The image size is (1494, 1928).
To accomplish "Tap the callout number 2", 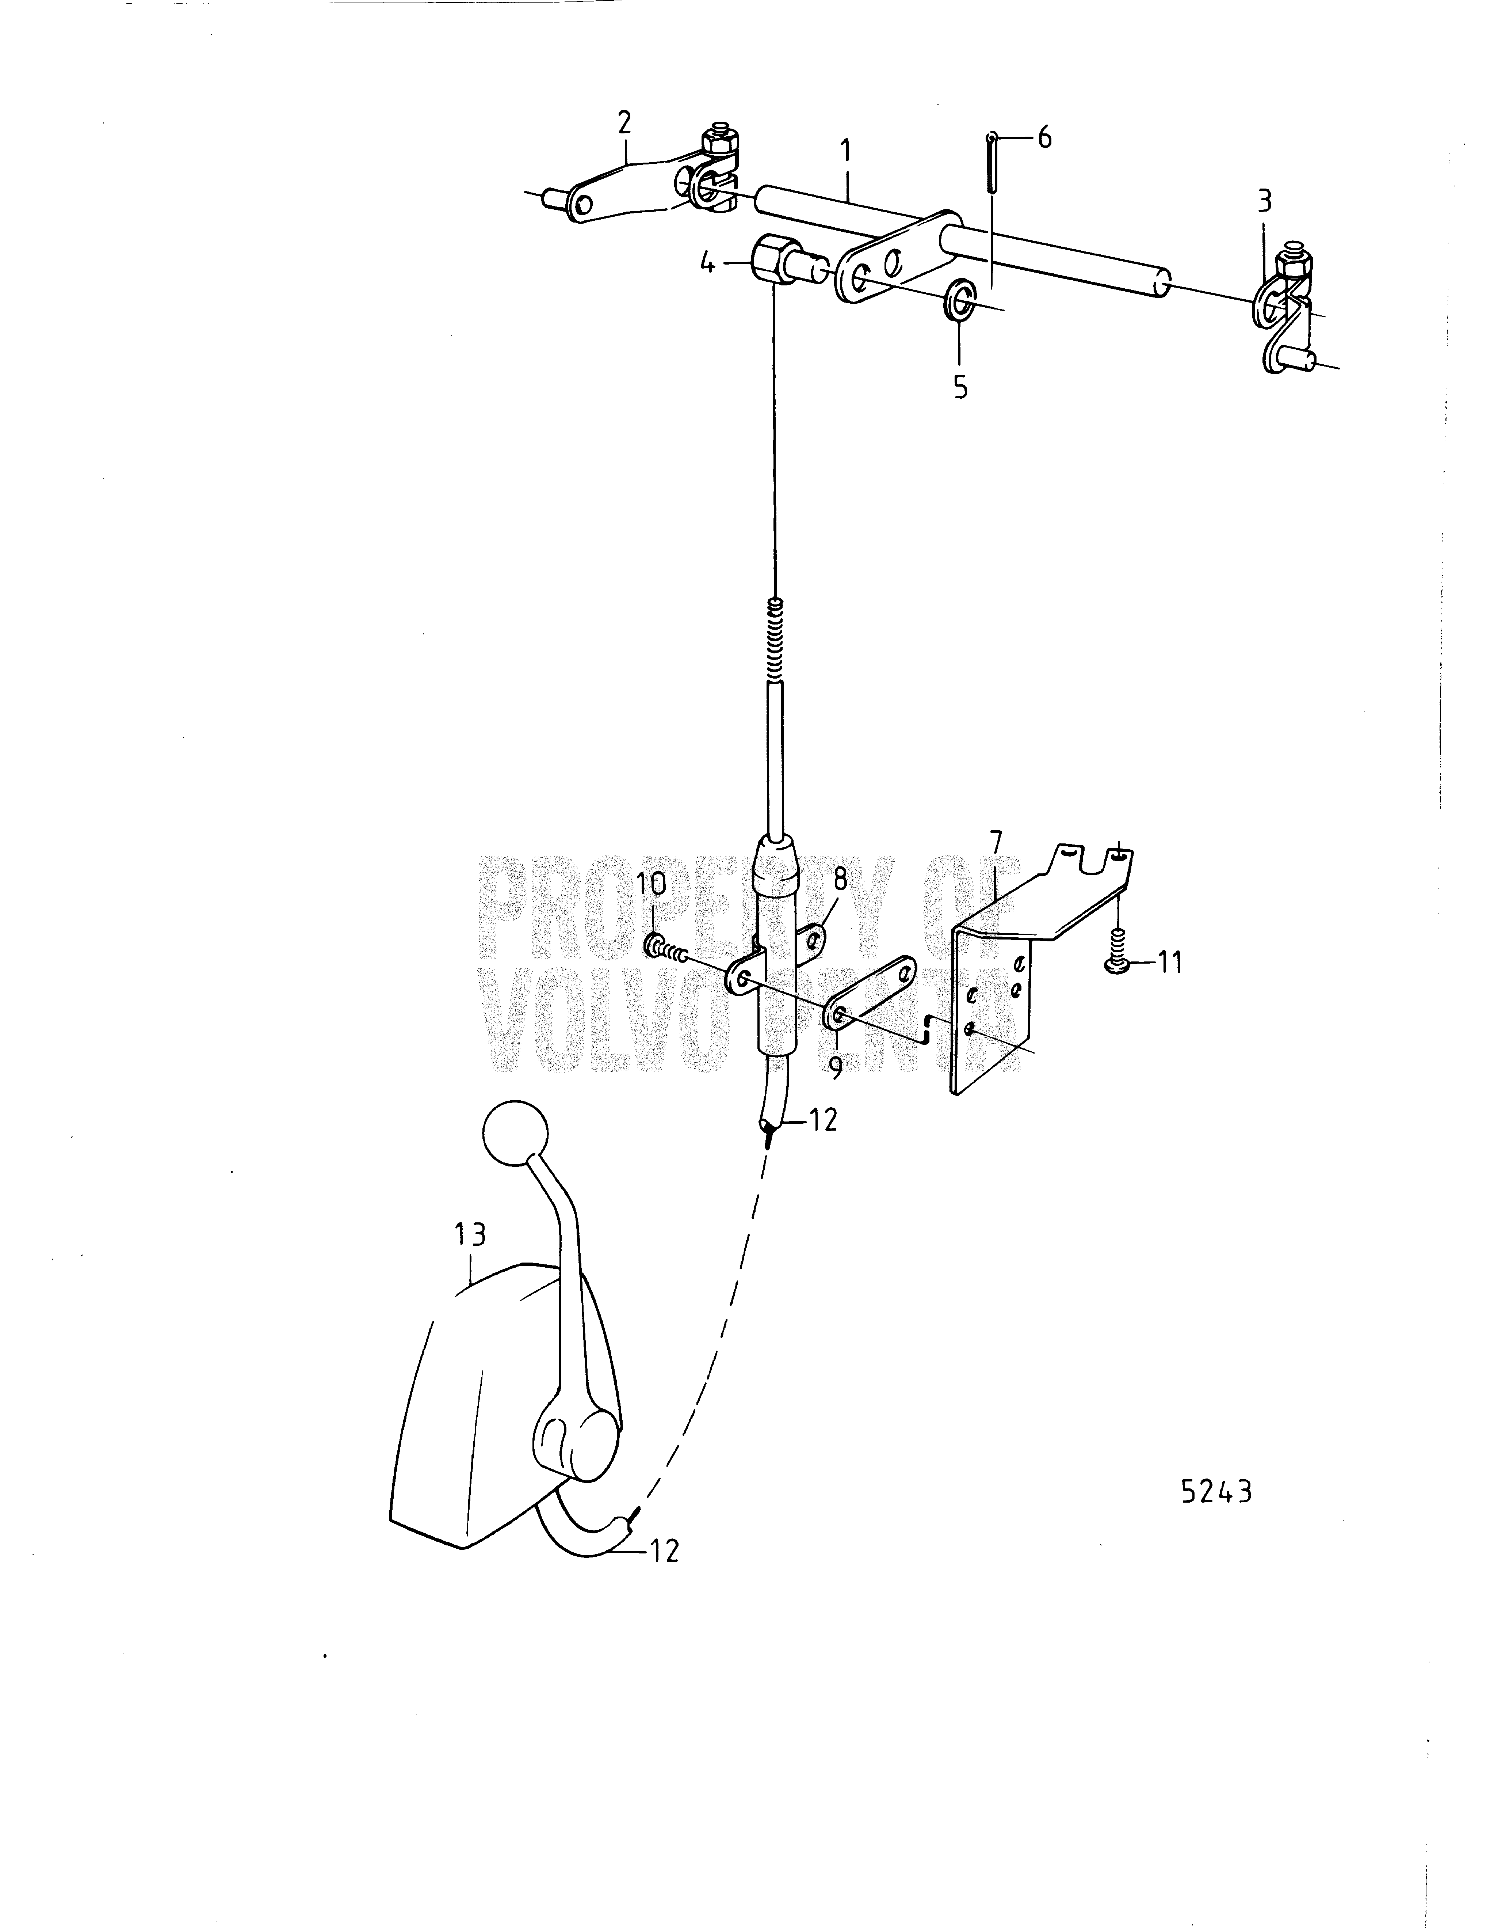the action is point(625,123).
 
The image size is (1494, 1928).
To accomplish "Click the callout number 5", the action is point(960,387).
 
